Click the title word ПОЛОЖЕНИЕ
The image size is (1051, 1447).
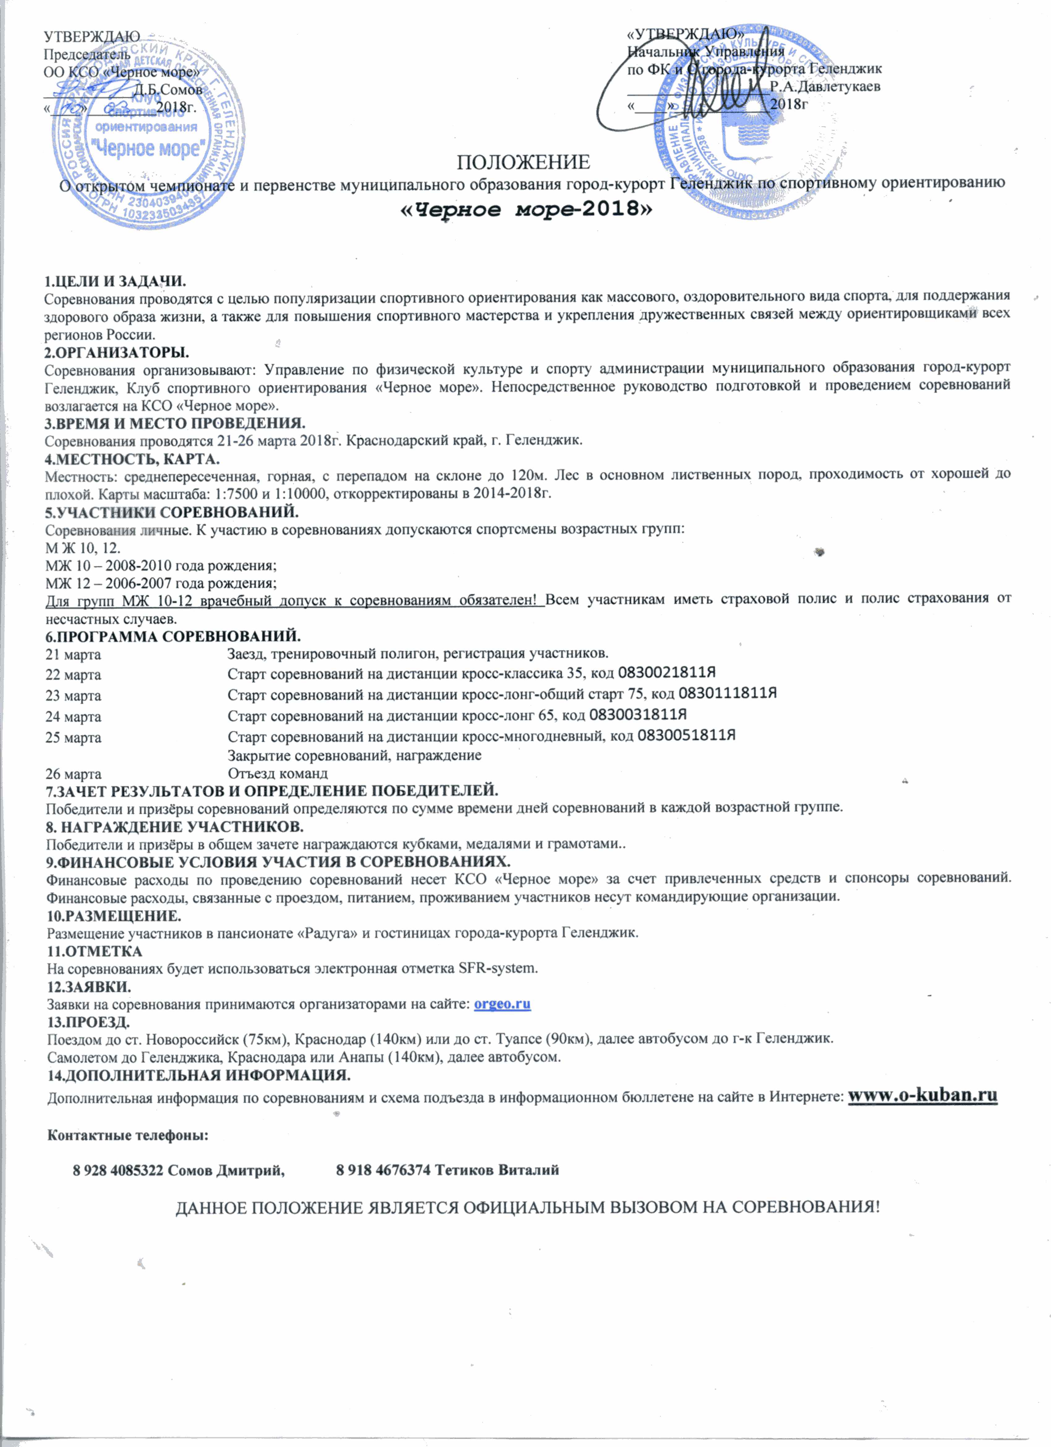pos(523,162)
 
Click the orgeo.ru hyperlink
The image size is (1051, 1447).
pos(502,1004)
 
